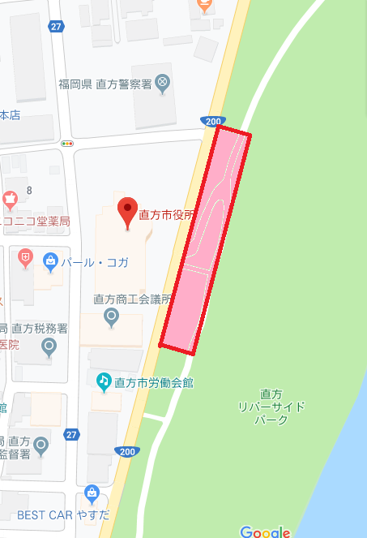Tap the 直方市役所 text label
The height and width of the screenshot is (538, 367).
pos(168,216)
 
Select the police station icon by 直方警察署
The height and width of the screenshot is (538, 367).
pos(162,82)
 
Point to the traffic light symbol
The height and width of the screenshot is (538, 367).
pos(66,143)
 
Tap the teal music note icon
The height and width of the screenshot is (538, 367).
pos(104,381)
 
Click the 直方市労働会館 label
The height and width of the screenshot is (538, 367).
pos(154,381)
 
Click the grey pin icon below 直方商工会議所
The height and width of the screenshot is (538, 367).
pos(111,316)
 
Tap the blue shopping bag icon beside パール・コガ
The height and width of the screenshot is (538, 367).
pos(51,260)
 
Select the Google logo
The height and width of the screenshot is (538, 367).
pos(265,532)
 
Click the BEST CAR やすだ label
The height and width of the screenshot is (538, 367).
pos(57,514)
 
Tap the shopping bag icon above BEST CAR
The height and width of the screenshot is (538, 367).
pos(92,493)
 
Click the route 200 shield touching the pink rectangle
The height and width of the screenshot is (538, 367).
pos(211,122)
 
